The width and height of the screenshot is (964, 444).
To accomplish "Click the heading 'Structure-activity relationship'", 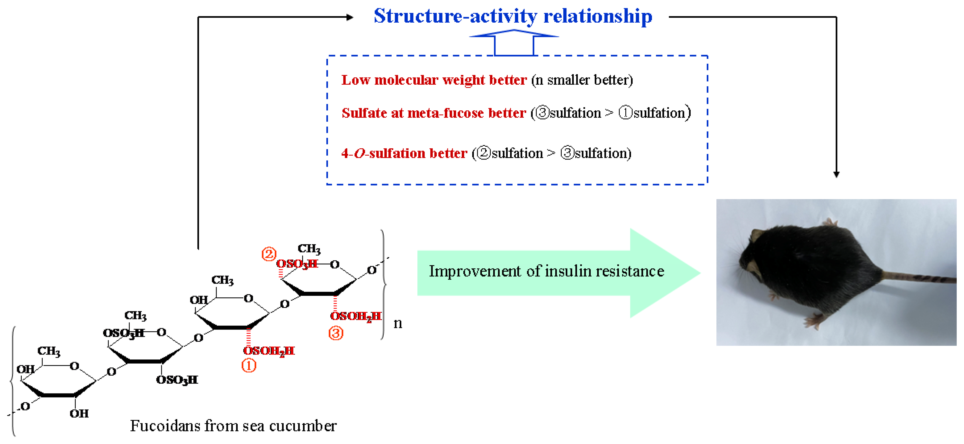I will click(x=513, y=17).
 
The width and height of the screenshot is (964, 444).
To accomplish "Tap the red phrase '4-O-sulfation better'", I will click(x=404, y=153).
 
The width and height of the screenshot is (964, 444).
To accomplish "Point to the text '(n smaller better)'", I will click(x=582, y=80).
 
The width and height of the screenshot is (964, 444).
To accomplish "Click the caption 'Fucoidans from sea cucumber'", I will click(x=233, y=426).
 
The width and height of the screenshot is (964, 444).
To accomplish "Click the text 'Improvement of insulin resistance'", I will click(x=546, y=271).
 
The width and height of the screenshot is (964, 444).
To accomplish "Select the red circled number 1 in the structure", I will click(x=249, y=365).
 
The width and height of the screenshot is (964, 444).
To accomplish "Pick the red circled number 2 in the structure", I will click(x=269, y=254).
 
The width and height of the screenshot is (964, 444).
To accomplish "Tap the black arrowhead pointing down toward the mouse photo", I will click(x=836, y=174).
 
